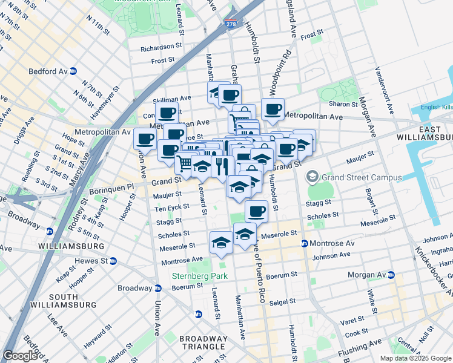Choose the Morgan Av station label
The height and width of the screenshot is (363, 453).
coord(366,275)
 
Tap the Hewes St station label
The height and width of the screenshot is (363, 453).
coord(91,261)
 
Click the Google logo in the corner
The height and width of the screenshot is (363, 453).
coord(20,356)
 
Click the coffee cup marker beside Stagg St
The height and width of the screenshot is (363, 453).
coord(257,211)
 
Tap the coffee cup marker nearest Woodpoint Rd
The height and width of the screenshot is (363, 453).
coord(273,109)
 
